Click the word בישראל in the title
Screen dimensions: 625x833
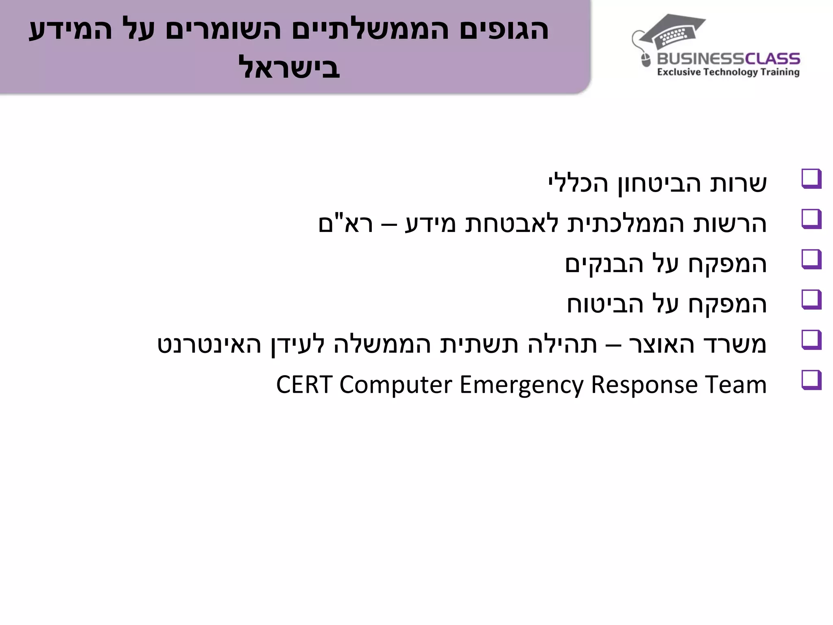pyautogui.click(x=289, y=68)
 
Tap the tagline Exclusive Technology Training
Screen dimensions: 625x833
pyautogui.click(x=728, y=72)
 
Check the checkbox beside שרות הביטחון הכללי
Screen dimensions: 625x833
pyautogui.click(x=811, y=179)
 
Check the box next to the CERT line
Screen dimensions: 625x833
pyautogui.click(x=811, y=380)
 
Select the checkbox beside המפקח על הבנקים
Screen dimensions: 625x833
pyautogui.click(x=811, y=259)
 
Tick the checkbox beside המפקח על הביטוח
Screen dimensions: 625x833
pyautogui.click(x=811, y=299)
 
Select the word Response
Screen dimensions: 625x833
pyautogui.click(x=644, y=385)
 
